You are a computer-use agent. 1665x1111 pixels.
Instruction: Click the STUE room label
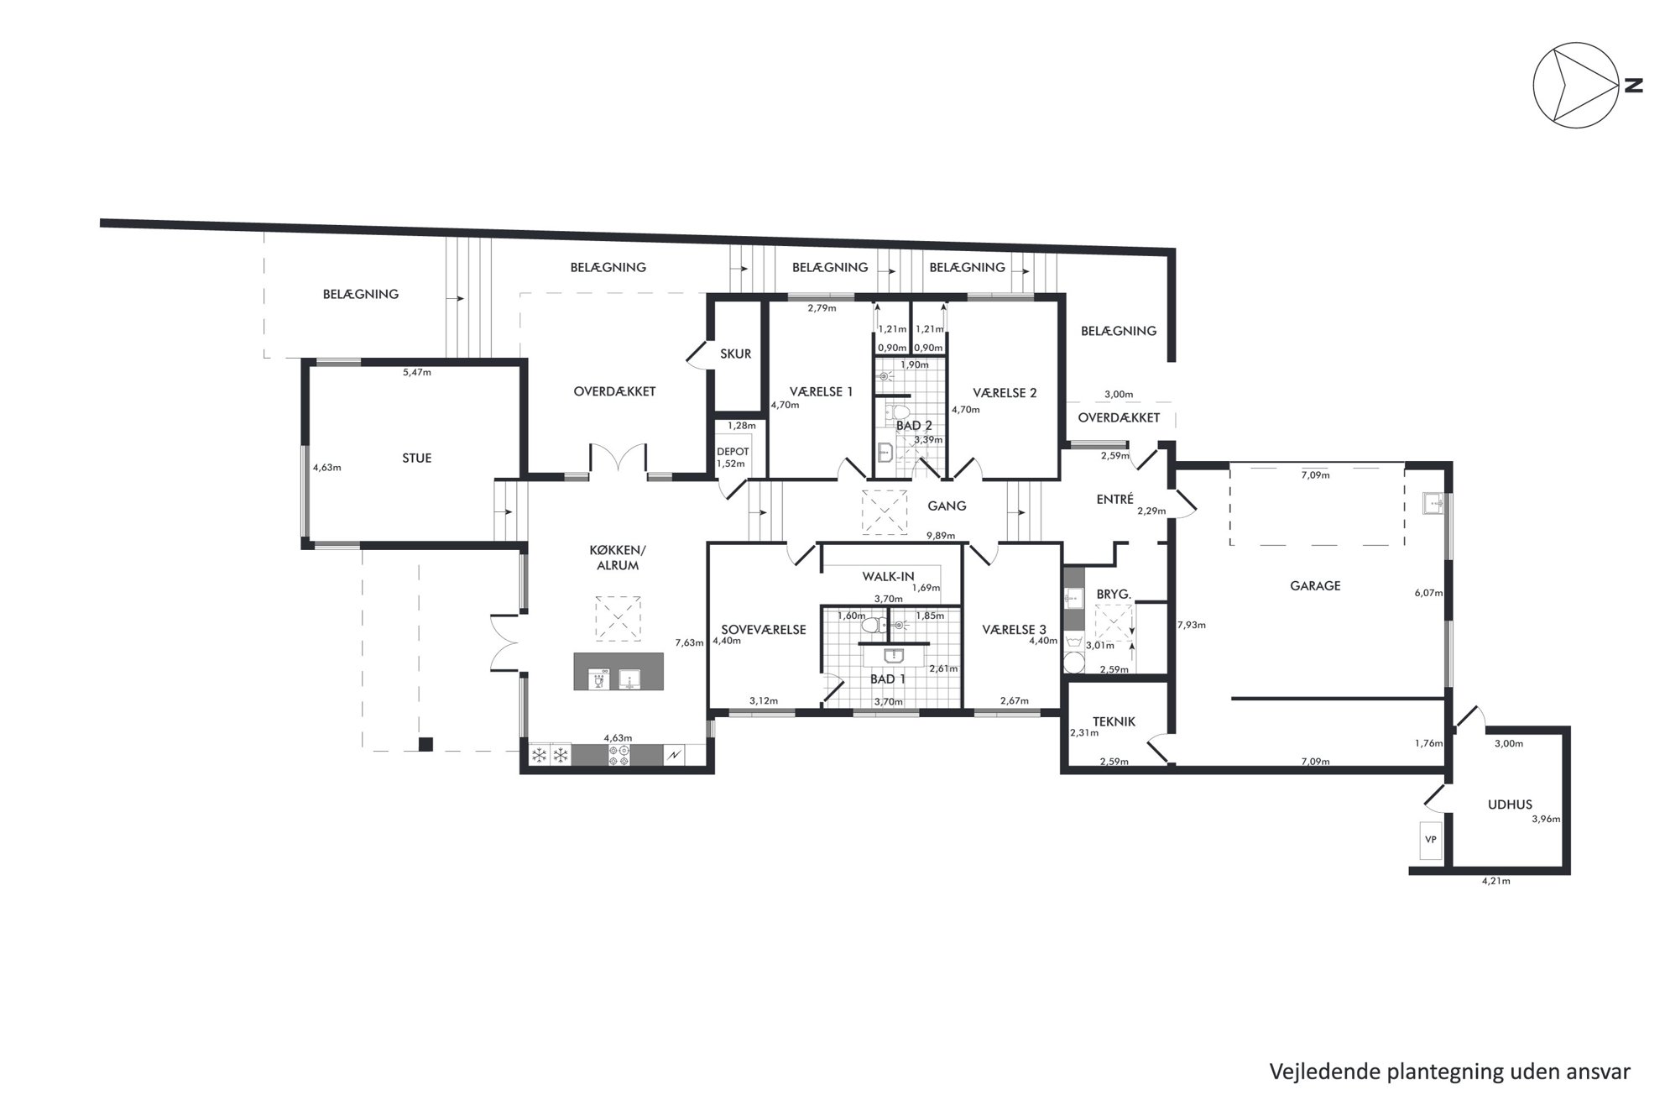[x=417, y=459]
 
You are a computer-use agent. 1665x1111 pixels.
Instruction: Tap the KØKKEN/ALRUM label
[x=618, y=558]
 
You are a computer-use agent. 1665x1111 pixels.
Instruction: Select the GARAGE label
[x=1315, y=586]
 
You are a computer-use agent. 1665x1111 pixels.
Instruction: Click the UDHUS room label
[x=1510, y=804]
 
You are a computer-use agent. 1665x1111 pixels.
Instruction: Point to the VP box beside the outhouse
[x=1431, y=839]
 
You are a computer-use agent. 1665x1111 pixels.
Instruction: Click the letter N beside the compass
[x=1633, y=85]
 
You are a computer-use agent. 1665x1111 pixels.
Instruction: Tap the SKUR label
[x=735, y=354]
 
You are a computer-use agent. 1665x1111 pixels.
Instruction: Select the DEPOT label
[x=733, y=452]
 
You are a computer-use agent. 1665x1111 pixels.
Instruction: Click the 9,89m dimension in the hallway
[x=941, y=536]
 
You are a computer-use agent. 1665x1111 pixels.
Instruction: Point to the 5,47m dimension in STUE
[x=417, y=372]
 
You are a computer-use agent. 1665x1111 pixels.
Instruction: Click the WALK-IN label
[x=888, y=577]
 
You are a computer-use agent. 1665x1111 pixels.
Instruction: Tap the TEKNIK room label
[x=1114, y=721]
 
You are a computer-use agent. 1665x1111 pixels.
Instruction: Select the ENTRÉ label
[x=1115, y=500]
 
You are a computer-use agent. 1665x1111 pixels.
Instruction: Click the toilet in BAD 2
[x=899, y=411]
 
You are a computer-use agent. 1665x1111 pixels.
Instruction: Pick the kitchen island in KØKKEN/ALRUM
[x=618, y=672]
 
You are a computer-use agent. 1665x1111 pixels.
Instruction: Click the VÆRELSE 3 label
[x=1015, y=630]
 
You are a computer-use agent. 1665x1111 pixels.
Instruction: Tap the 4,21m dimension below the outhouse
[x=1496, y=881]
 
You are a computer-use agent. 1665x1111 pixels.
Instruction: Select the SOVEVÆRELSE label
[x=764, y=630]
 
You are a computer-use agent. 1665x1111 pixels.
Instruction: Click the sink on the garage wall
[x=1433, y=504]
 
